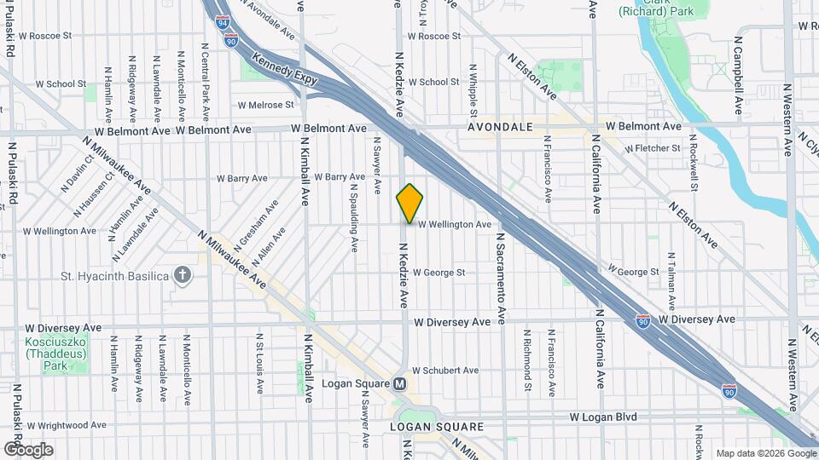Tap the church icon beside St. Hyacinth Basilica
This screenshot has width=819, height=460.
pos(182,274)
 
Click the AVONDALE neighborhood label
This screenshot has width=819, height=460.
pos(500,127)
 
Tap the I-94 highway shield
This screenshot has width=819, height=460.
pos(223,21)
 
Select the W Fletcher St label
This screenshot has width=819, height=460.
pos(653,148)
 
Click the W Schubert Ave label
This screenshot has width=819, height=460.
pos(445,371)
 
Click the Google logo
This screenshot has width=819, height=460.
pos(28,449)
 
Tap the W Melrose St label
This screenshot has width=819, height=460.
pos(265,105)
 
